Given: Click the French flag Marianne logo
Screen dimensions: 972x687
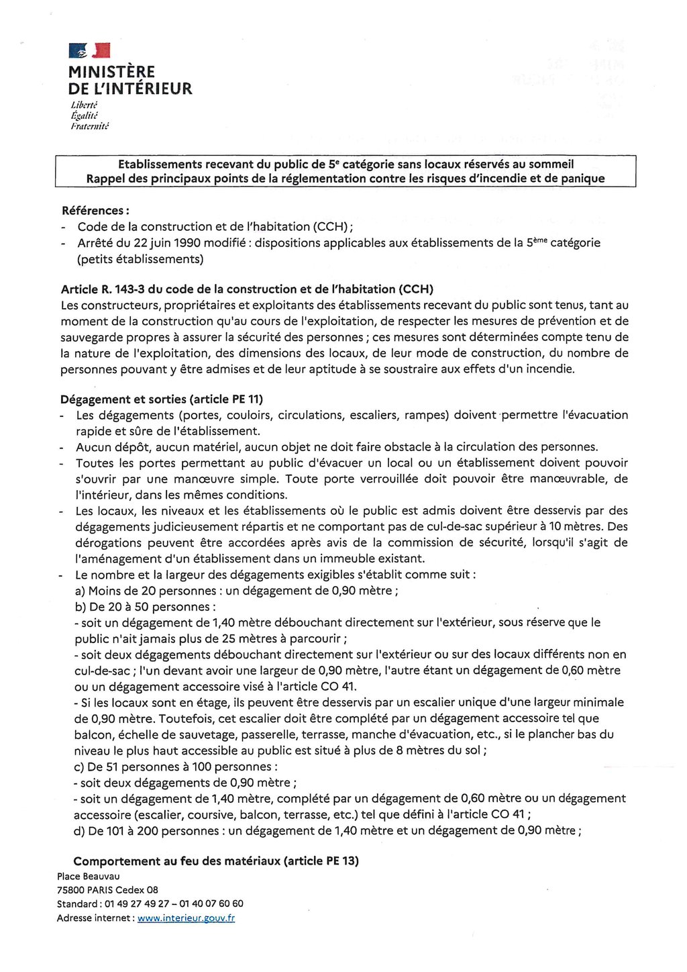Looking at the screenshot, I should [89, 50].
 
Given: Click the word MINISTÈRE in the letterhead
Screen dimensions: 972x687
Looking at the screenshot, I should [111, 72].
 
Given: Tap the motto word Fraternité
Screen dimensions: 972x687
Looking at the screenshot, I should [90, 126].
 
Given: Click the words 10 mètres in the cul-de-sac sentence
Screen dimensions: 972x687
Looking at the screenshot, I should [600, 527].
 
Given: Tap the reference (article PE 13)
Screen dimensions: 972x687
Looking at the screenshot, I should [321, 861].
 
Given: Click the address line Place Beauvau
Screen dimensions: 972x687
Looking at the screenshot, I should [89, 877].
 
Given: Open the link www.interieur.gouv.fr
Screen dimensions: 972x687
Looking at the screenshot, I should [186, 918].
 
